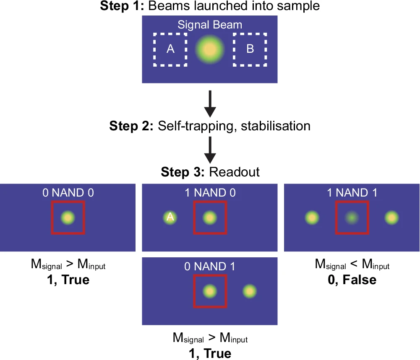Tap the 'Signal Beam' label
tap(210, 25)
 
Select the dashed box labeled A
tap(170, 49)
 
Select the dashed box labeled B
tap(250, 49)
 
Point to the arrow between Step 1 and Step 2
tap(210, 103)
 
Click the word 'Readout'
tap(235, 172)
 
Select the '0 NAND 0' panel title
tap(68, 193)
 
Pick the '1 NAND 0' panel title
tap(210, 193)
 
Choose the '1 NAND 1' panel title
tap(352, 193)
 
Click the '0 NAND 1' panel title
tap(210, 267)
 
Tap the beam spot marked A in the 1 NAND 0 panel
tap(170, 218)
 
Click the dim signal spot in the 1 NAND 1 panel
tap(352, 218)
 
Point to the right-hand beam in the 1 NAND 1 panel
tap(391, 218)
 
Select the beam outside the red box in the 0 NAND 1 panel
tap(249, 291)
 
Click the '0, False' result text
tap(352, 279)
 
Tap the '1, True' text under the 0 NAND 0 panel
tap(68, 279)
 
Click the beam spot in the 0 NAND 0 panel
tap(68, 218)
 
